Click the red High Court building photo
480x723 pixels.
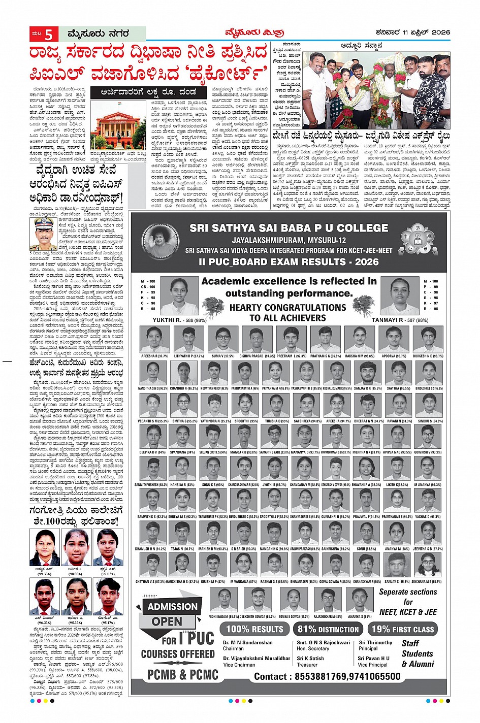pos(117,128)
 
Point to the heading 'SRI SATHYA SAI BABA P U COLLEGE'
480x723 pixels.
pos(289,228)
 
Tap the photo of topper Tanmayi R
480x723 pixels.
pos(400,295)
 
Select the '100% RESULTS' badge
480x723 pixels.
pos(254,629)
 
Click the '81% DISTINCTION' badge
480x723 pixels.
pos(328,629)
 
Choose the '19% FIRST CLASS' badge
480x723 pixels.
pos(402,629)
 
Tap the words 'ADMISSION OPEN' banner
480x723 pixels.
pos(172,613)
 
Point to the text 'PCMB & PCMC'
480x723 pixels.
pos(182,675)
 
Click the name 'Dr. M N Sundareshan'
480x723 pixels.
pos(247,642)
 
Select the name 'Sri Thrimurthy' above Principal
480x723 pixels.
pos(375,642)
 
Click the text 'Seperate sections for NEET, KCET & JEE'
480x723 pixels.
pos(408,602)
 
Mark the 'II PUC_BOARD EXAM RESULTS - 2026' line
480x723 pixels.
pos(289,261)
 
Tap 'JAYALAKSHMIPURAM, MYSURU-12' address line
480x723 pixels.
pos(289,240)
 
